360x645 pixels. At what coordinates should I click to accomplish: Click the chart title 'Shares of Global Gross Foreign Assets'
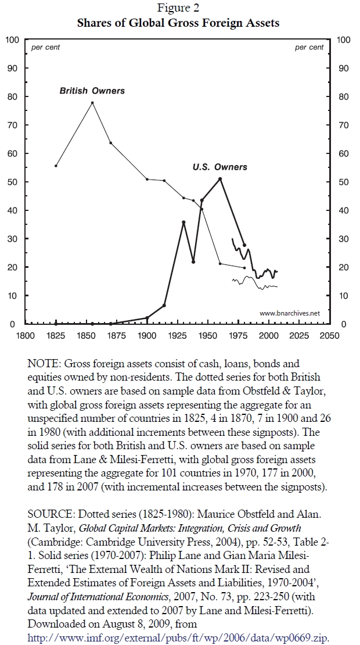click(179, 23)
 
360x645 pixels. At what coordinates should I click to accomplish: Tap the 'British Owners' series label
click(92, 91)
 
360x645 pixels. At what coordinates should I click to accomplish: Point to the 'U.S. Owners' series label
click(219, 167)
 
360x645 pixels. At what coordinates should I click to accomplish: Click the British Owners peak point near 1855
click(92, 103)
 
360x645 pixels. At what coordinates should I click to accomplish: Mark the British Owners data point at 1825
click(56, 166)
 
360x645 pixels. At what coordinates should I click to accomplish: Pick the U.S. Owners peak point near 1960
click(220, 178)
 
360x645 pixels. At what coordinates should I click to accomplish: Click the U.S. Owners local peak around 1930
click(183, 222)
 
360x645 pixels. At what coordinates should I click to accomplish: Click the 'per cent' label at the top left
click(45, 48)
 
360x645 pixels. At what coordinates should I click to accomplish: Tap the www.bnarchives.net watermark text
click(290, 313)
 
